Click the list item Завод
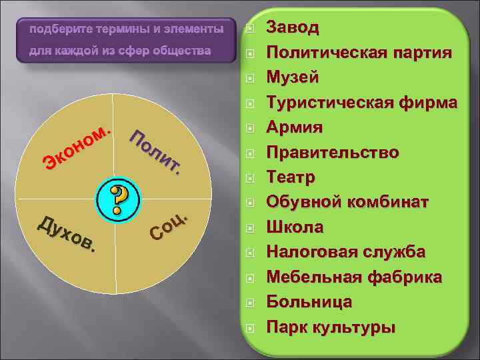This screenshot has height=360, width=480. [293, 28]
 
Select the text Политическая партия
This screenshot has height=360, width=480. [359, 53]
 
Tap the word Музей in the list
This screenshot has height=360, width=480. [292, 77]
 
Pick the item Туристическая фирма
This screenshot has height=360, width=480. [361, 103]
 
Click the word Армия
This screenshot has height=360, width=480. [295, 127]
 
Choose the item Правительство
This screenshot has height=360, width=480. [333, 153]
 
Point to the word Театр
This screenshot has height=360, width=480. [291, 177]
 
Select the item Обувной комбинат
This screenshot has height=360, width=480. [347, 202]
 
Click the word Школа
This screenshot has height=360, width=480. [295, 227]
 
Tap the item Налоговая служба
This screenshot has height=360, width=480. [345, 252]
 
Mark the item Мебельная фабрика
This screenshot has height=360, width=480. [353, 277]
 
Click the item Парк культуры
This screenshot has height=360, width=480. [331, 327]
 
